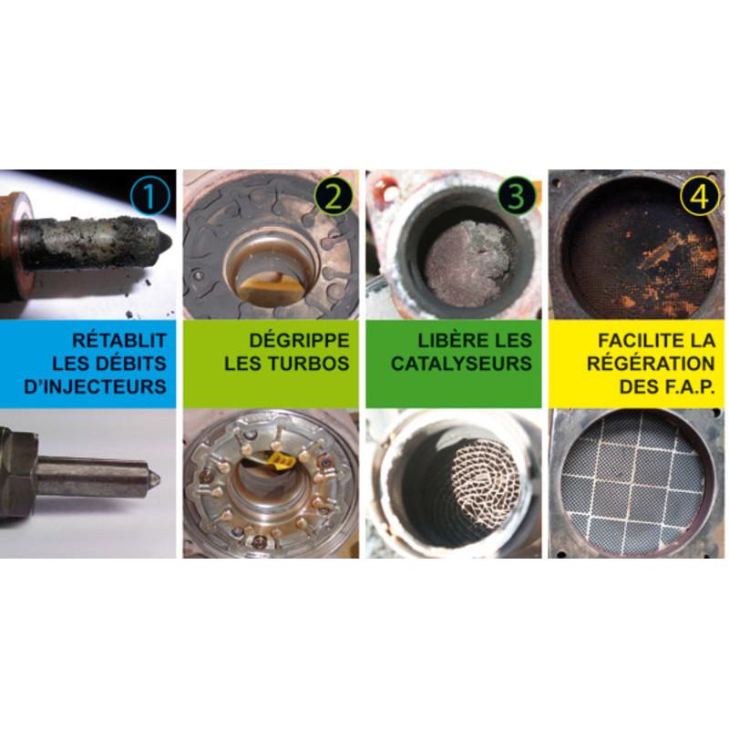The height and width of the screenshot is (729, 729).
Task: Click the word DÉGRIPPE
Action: [x=300, y=341]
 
